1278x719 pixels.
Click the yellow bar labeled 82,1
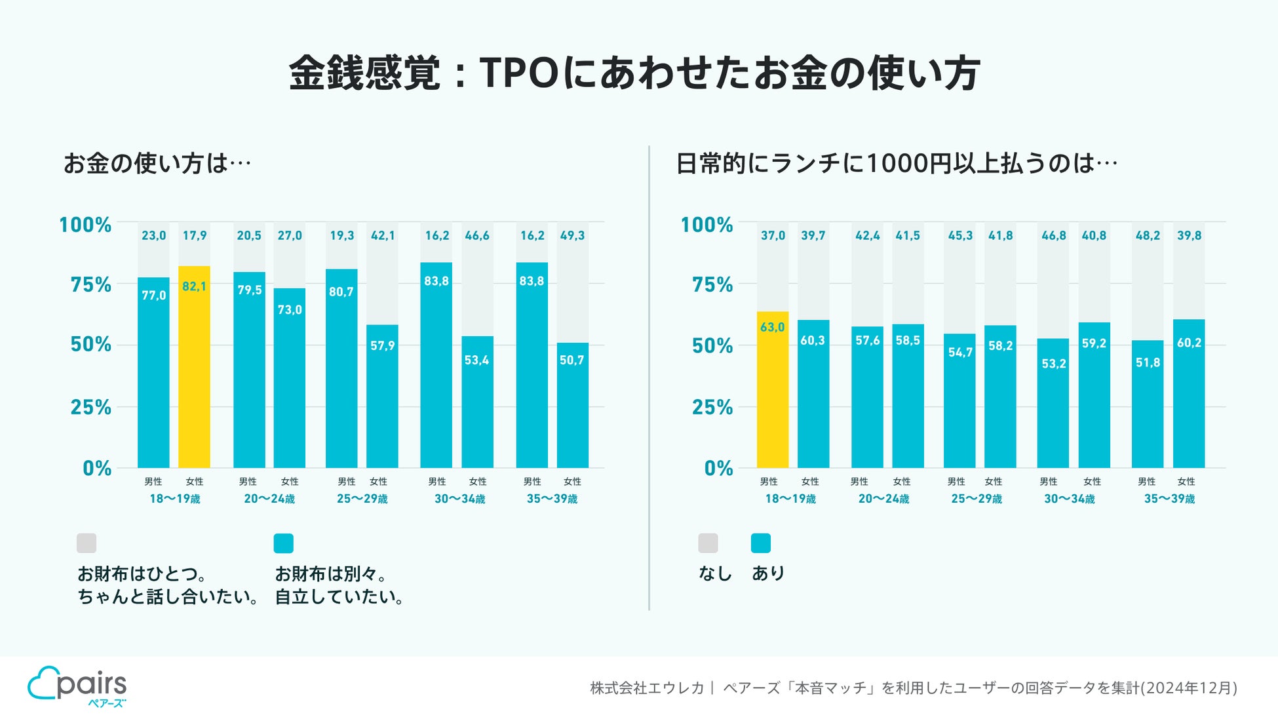194,367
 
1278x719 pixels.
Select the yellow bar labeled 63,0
772,390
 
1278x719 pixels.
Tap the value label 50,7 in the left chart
571,360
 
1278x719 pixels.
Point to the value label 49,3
572,235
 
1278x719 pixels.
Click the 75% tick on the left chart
91,284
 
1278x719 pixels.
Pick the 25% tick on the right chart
712,407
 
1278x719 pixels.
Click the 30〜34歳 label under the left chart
459,499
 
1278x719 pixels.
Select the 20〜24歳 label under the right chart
883,499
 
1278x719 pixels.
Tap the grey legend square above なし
708,543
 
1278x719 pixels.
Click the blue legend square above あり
760,543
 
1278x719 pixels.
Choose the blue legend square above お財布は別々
283,543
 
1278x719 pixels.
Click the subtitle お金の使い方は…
157,163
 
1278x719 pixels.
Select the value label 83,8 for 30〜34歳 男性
436,281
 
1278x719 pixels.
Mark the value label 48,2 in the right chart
1148,235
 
